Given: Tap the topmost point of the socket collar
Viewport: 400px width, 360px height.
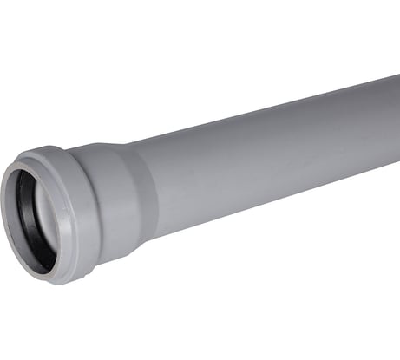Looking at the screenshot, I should (x=52, y=148).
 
